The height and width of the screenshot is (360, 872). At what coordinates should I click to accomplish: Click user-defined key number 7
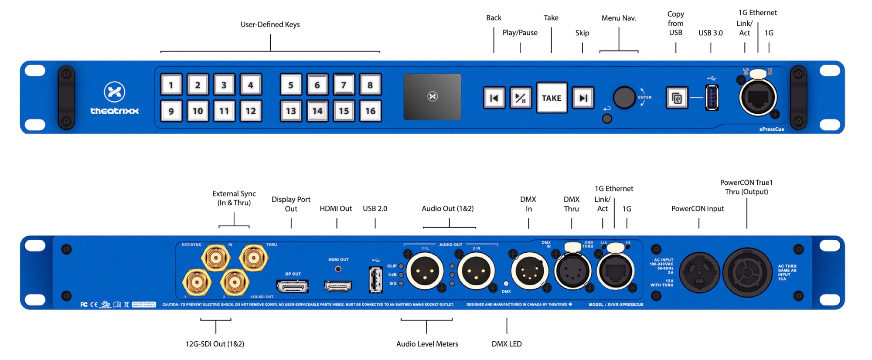click(344, 85)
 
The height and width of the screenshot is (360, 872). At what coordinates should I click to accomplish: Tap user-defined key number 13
click(291, 111)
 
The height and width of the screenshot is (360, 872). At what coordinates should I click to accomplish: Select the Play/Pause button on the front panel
click(521, 98)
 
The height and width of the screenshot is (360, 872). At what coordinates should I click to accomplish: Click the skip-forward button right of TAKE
click(583, 98)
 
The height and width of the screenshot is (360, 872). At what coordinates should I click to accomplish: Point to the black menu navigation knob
click(624, 98)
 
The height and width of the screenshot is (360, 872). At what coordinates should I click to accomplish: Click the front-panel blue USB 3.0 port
click(712, 98)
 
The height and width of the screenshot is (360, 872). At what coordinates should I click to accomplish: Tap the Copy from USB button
click(677, 98)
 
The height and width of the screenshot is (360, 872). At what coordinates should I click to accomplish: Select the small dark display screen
click(432, 96)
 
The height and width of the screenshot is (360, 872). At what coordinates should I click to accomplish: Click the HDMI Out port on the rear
click(337, 286)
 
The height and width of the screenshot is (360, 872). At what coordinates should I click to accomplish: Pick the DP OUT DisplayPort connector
click(293, 286)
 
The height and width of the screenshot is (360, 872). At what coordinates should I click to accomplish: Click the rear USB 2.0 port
click(375, 279)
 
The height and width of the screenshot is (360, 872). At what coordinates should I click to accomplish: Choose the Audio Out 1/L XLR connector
click(425, 271)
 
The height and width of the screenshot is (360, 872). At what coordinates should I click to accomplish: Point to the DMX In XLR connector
click(529, 271)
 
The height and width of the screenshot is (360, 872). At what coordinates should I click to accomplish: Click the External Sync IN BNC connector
click(215, 258)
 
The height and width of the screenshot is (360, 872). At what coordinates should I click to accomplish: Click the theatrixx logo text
click(114, 111)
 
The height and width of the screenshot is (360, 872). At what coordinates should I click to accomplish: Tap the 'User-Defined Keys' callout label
click(270, 24)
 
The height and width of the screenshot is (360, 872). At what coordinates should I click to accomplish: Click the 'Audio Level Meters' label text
click(427, 344)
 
